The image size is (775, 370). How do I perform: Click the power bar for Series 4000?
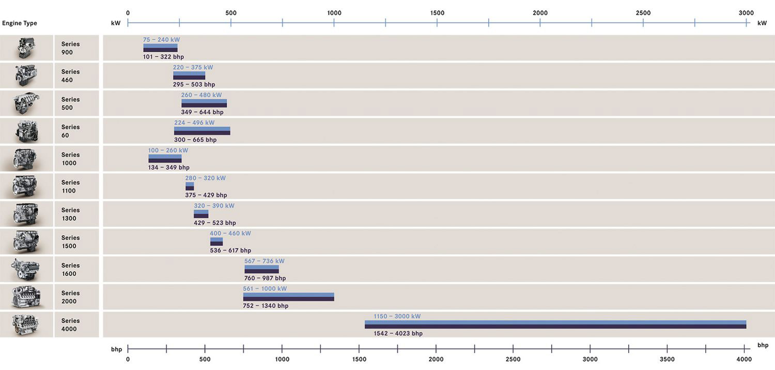555,325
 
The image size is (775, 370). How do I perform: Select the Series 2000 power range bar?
288,297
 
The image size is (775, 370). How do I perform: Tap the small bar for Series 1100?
190,187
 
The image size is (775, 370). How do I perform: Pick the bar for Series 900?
160,48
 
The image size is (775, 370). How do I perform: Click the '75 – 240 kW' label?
161,40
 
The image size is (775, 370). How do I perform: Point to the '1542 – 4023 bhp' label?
398,333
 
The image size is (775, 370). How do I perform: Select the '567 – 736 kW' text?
264,261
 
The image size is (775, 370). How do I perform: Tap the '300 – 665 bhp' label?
195,140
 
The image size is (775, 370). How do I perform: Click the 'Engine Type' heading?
20,23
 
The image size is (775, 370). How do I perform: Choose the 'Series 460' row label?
70,76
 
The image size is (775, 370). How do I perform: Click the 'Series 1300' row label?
70,214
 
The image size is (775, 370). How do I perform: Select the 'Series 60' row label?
70,131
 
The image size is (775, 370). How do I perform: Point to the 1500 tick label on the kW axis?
437,13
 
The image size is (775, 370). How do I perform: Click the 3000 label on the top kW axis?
746,13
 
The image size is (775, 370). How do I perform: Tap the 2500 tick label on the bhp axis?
513,359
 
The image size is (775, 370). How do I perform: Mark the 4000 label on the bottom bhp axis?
743,359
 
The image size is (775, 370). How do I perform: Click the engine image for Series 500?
26,103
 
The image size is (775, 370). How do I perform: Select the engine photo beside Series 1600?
26,269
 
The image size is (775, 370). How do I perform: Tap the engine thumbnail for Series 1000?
26,159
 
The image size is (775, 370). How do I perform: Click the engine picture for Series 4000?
26,325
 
